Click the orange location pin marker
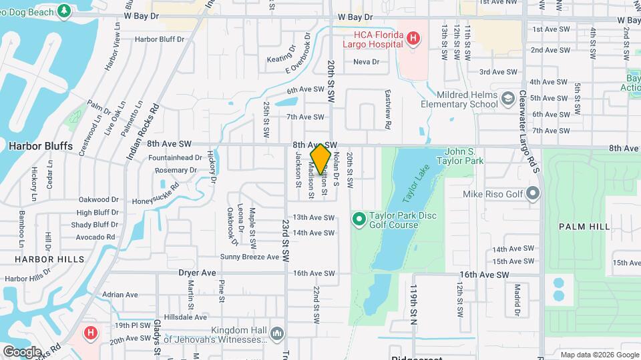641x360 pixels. point(321,159)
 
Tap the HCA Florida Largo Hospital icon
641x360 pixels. point(413,39)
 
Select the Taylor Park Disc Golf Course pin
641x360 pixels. point(359,219)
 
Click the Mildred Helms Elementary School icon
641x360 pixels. point(509,99)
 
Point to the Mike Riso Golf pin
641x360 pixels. point(532,194)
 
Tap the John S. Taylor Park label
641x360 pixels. point(459,156)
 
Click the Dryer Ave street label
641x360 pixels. point(198,273)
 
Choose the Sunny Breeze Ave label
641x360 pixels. point(250,257)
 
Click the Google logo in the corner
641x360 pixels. point(22,351)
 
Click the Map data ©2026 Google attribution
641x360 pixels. point(599,355)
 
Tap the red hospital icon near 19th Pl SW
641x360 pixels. point(89,332)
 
